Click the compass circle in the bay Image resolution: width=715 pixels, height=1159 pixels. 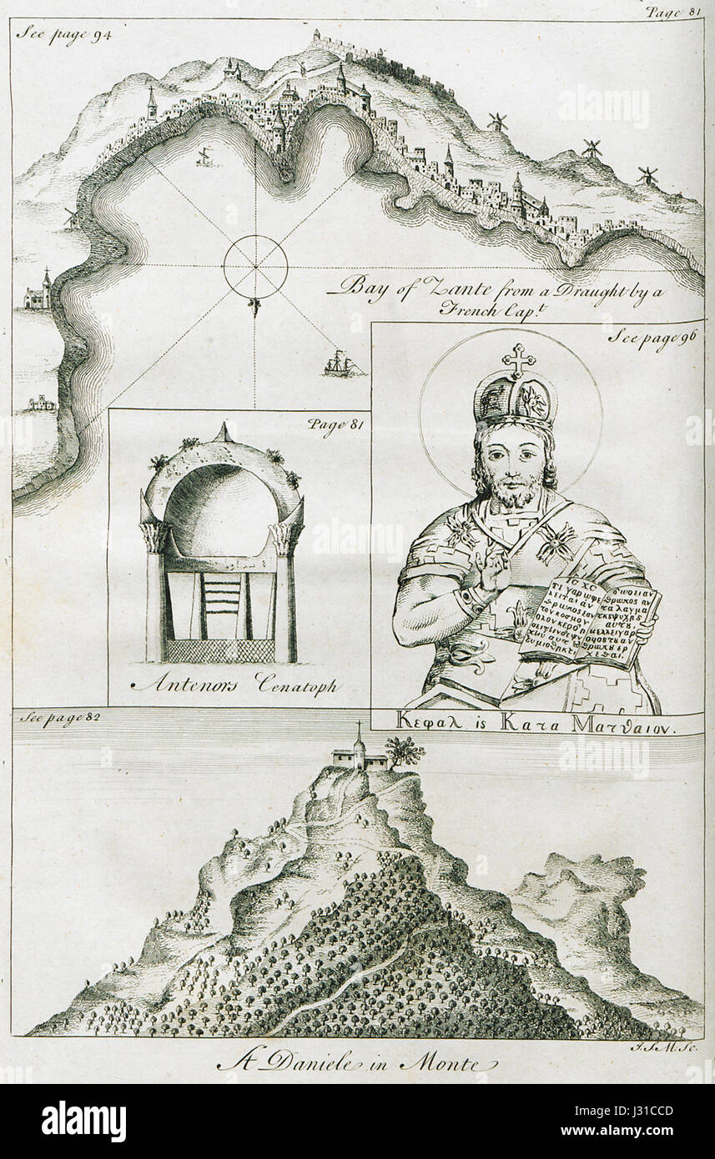(255, 268)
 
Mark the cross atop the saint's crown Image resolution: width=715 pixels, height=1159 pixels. (517, 360)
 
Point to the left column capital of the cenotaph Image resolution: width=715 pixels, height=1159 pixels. (155, 536)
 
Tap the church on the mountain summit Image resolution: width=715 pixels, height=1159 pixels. (359, 754)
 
